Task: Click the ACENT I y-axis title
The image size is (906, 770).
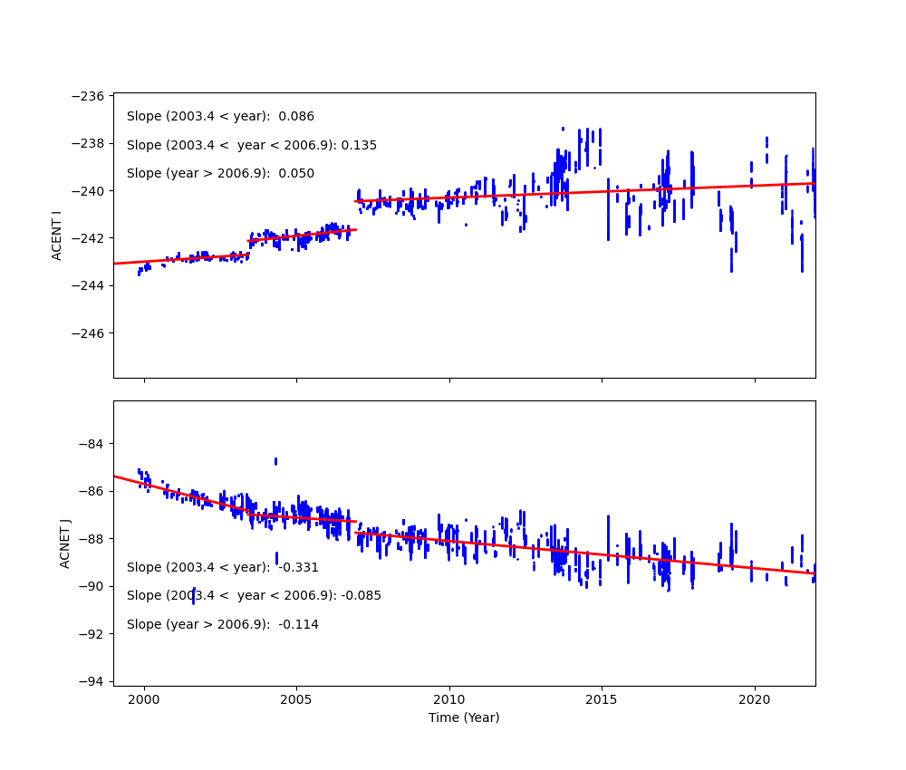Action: click(57, 235)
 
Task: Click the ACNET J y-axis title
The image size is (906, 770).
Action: click(65, 544)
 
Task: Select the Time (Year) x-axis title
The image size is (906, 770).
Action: click(464, 717)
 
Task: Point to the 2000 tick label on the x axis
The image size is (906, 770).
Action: click(144, 699)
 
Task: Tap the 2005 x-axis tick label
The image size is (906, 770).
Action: click(296, 699)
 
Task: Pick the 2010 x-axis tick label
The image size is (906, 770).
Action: click(449, 699)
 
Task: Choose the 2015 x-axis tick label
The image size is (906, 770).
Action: click(602, 699)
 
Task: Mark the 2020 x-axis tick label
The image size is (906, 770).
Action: click(755, 699)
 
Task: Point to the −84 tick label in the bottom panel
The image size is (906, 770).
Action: click(92, 444)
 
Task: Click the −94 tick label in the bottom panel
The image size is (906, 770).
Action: click(92, 680)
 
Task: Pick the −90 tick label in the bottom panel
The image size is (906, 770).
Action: click(92, 586)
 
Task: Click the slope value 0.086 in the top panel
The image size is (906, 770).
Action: click(296, 117)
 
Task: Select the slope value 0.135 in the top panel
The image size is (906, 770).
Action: click(359, 145)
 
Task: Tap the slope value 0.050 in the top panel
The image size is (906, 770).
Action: click(296, 174)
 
